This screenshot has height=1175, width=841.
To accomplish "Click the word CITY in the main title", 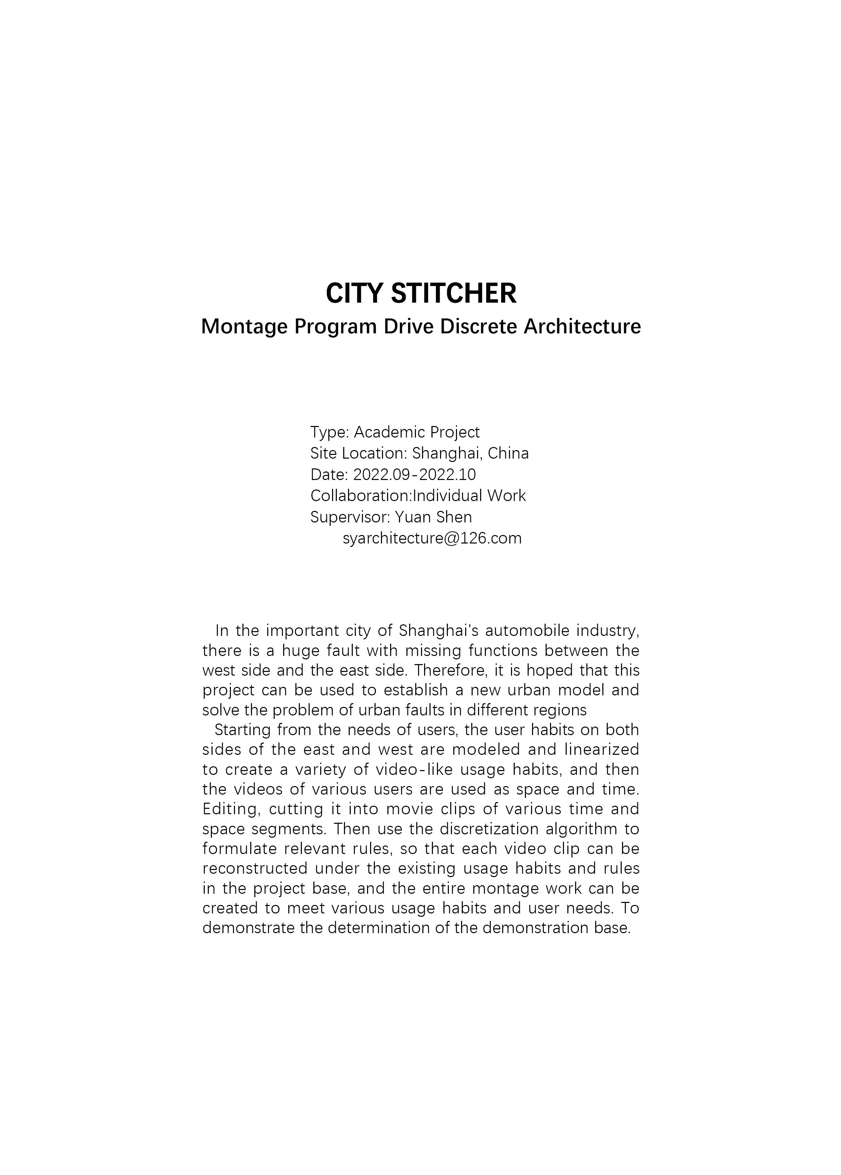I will tap(354, 294).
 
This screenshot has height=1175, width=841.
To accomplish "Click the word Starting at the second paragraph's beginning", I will tap(242, 730).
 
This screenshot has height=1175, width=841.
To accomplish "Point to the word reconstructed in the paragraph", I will tap(255, 868).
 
